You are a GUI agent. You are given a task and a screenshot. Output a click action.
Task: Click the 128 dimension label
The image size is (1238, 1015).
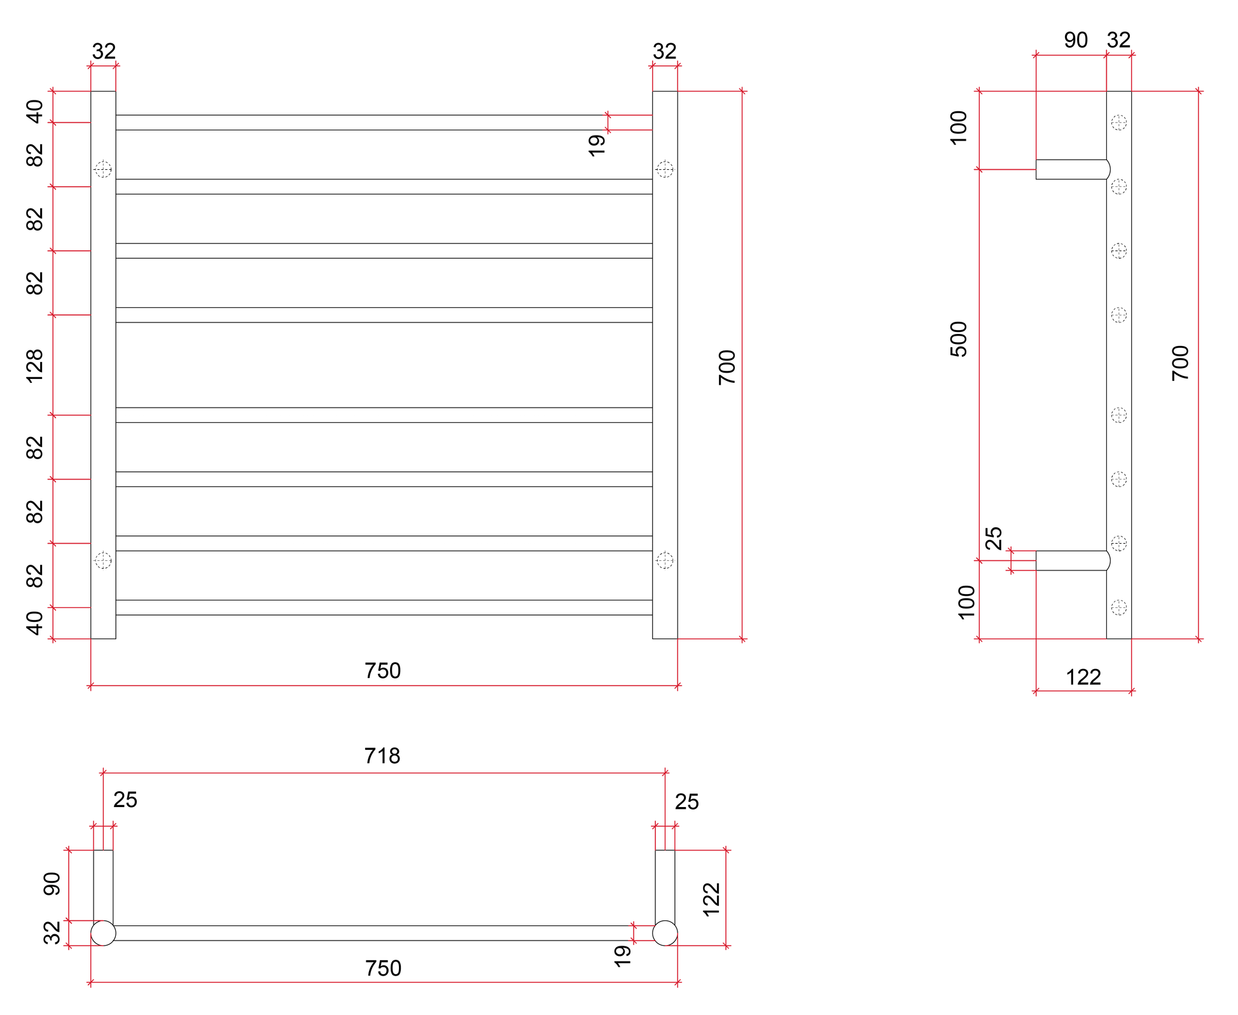pyautogui.click(x=34, y=366)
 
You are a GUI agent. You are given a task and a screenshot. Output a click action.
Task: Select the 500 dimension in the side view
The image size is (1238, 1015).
pyautogui.click(x=958, y=339)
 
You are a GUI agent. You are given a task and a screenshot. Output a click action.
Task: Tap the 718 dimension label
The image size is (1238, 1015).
pyautogui.click(x=382, y=756)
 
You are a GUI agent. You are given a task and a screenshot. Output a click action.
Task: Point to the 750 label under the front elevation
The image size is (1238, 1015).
pyautogui.click(x=383, y=670)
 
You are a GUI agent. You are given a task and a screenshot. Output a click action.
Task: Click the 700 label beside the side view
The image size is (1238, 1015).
pyautogui.click(x=1180, y=363)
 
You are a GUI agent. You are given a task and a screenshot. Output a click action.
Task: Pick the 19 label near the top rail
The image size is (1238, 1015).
pyautogui.click(x=597, y=146)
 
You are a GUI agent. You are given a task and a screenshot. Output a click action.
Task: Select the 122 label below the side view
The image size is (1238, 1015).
pyautogui.click(x=1083, y=677)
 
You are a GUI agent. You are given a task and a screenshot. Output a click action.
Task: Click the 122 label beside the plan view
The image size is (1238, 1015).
pyautogui.click(x=711, y=899)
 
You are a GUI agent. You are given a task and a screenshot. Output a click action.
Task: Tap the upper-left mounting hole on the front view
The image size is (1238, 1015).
pyautogui.click(x=103, y=169)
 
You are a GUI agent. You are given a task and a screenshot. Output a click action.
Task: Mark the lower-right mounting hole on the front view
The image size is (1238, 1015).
pyautogui.click(x=665, y=560)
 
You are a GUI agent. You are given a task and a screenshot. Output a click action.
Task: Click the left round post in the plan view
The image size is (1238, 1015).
pyautogui.click(x=103, y=933)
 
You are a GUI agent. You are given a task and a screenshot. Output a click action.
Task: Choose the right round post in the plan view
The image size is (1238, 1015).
pyautogui.click(x=665, y=933)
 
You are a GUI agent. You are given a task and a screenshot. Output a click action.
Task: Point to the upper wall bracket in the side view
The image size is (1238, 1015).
pyautogui.click(x=1073, y=169)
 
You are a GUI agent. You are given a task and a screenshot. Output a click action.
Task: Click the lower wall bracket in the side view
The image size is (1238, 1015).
pyautogui.click(x=1073, y=560)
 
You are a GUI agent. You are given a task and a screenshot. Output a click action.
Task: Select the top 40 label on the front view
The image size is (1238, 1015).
pyautogui.click(x=34, y=111)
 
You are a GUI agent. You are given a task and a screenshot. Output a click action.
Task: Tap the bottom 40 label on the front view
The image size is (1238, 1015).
pyautogui.click(x=34, y=623)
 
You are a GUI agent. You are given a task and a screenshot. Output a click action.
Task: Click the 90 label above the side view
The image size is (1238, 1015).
pyautogui.click(x=1076, y=40)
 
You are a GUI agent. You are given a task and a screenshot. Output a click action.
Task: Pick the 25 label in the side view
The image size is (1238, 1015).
pyautogui.click(x=993, y=538)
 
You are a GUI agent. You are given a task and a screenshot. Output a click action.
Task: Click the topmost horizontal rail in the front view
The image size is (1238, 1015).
pyautogui.click(x=384, y=123)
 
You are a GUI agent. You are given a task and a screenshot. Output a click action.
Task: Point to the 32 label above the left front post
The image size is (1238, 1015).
pyautogui.click(x=104, y=51)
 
